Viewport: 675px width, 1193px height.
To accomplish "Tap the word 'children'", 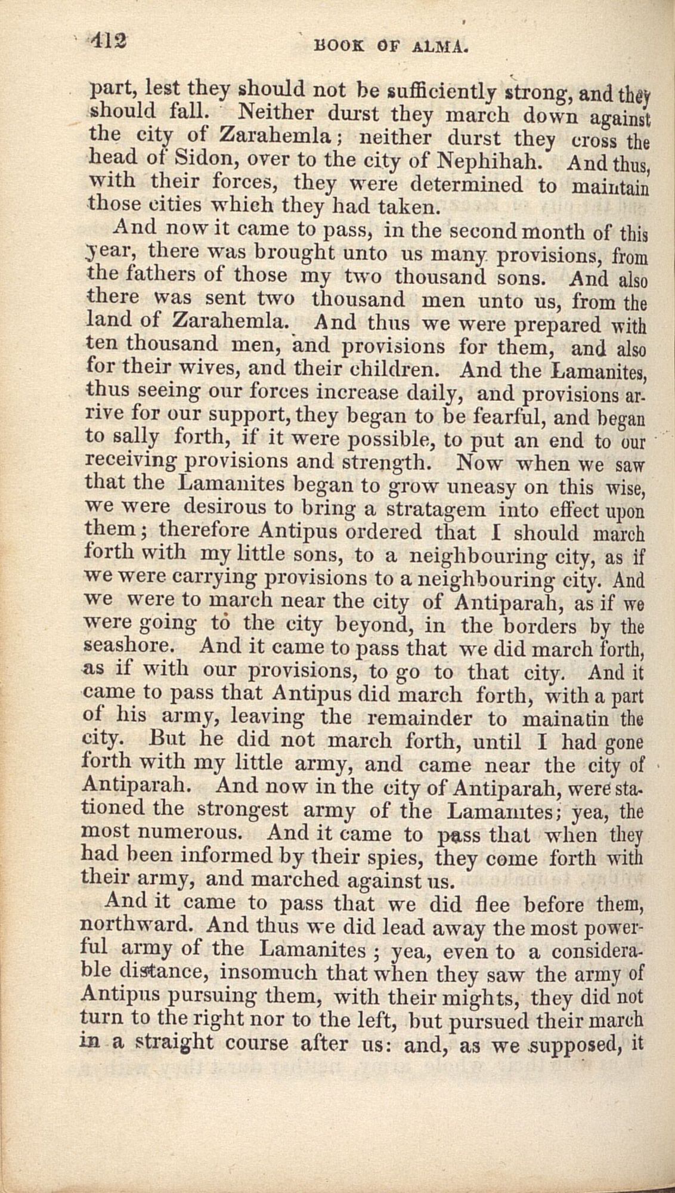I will tap(388, 370).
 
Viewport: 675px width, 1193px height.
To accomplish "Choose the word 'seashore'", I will tap(135, 647).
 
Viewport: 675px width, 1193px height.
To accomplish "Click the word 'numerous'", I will tap(205, 833).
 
